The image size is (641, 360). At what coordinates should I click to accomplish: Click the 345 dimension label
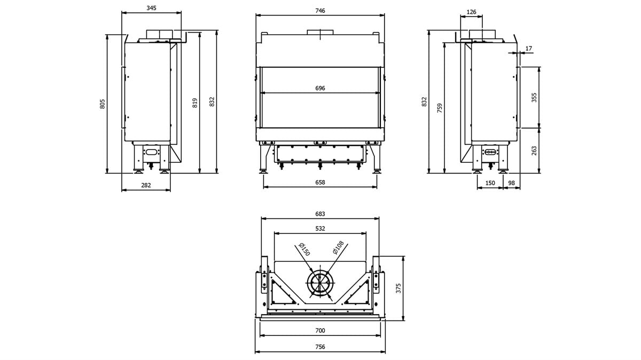151,8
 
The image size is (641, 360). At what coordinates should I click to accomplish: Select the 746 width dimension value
320,11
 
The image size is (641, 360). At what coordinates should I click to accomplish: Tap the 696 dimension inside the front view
320,88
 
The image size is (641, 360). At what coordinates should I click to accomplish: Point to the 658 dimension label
320,182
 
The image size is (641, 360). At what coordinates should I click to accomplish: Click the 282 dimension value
146,185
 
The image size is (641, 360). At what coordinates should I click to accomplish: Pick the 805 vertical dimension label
103,104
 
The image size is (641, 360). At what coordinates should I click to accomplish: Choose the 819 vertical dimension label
195,103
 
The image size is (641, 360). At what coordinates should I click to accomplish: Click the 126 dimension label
471,12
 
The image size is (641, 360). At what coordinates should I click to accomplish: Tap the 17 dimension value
529,49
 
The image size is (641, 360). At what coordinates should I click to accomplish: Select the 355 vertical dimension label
534,98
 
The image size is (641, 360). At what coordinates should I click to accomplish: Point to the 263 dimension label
534,151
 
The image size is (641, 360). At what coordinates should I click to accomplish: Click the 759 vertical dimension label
440,108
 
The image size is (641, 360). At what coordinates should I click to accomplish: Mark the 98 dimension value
511,183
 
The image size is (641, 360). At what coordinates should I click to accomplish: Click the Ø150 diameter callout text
304,249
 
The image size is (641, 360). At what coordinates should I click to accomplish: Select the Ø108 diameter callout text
339,247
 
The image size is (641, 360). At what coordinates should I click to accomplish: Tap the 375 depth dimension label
398,288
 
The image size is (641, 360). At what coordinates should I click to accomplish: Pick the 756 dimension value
320,347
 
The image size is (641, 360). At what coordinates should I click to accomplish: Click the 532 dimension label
320,229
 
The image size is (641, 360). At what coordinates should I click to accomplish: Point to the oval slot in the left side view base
152,152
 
